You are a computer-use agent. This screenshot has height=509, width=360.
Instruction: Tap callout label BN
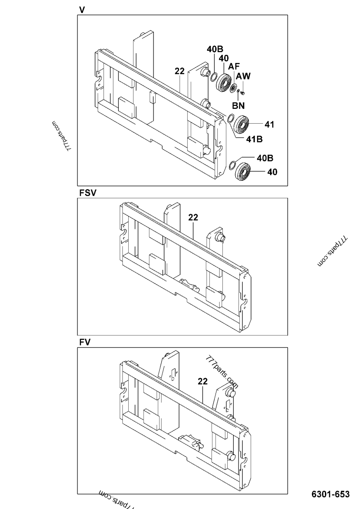click(x=238, y=106)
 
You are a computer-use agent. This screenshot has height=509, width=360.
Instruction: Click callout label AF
click(x=233, y=67)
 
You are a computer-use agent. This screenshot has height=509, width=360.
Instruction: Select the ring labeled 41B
click(x=230, y=119)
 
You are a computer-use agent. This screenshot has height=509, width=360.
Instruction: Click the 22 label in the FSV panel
click(x=193, y=217)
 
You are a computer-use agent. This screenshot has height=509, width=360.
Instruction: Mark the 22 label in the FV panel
click(x=202, y=381)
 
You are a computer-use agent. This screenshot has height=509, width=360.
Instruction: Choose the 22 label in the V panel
click(x=180, y=71)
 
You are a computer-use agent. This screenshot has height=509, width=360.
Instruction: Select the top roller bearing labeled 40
click(x=223, y=82)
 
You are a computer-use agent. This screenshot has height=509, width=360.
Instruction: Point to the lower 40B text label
click(x=265, y=158)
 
